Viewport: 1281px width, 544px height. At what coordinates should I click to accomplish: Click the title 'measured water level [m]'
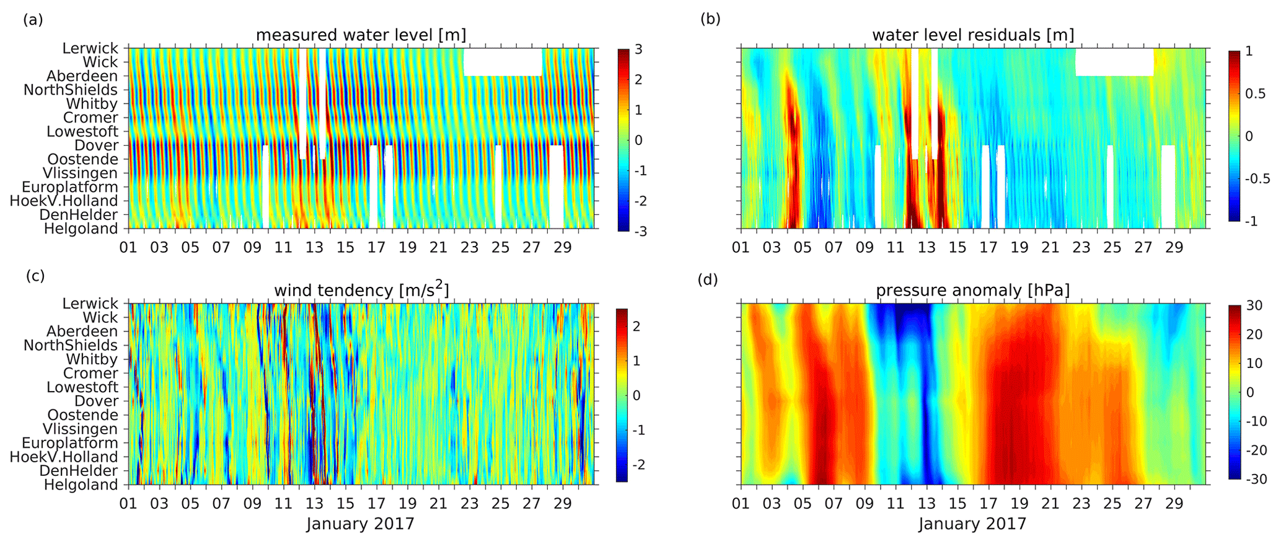pyautogui.click(x=361, y=35)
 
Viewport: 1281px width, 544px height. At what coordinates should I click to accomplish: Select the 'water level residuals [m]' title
pyautogui.click(x=973, y=35)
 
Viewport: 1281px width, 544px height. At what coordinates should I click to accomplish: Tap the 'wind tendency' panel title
pyautogui.click(x=361, y=290)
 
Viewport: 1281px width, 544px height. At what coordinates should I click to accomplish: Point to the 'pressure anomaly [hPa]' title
pyautogui.click(x=973, y=290)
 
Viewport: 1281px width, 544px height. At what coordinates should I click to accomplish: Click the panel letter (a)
pyautogui.click(x=33, y=19)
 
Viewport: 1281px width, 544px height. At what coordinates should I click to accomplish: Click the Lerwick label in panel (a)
pyautogui.click(x=90, y=48)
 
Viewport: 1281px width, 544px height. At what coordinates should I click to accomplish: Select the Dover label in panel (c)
pyautogui.click(x=96, y=401)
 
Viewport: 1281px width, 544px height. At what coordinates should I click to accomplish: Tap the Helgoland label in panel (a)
pyautogui.click(x=81, y=229)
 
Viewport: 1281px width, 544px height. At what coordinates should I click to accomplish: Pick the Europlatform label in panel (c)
pyautogui.click(x=70, y=443)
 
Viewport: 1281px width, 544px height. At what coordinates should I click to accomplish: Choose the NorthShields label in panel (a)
pyautogui.click(x=71, y=90)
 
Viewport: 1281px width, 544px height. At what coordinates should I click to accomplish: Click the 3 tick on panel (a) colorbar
pyautogui.click(x=638, y=50)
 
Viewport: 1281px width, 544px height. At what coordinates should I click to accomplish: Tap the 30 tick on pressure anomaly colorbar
pyautogui.click(x=1253, y=305)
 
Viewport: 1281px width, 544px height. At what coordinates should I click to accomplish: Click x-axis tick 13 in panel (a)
pyautogui.click(x=314, y=248)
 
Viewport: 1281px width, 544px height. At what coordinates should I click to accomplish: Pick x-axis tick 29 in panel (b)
pyautogui.click(x=1174, y=248)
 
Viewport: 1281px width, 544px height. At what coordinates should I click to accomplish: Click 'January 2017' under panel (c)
pyautogui.click(x=360, y=524)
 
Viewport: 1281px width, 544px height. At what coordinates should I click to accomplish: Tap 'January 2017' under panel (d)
pyautogui.click(x=972, y=524)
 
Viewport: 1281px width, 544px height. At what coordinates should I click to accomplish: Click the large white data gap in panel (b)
pyautogui.click(x=1114, y=62)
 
